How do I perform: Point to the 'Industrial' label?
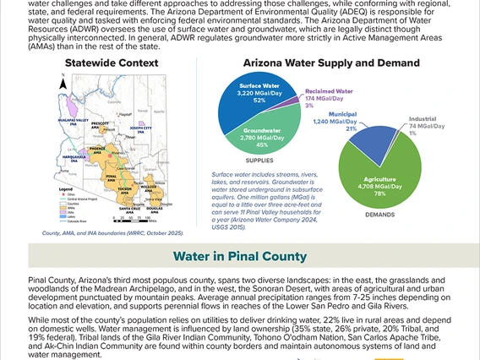coord(423,120)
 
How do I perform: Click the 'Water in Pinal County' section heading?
coord(240,255)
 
